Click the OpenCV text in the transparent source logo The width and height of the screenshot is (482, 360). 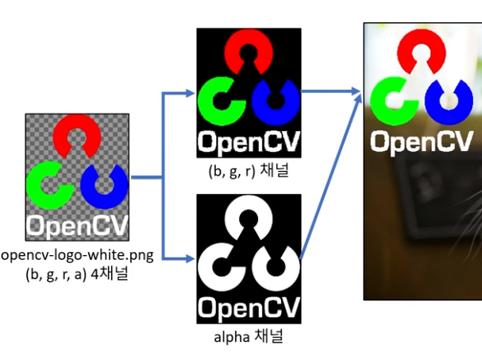click(x=76, y=225)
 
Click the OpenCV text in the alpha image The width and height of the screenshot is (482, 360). click(x=249, y=307)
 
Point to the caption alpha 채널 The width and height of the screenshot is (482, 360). click(x=249, y=336)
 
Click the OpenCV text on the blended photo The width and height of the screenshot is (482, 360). click(x=422, y=141)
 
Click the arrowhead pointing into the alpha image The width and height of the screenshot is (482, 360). click(x=191, y=257)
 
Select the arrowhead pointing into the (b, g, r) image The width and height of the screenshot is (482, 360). click(x=191, y=94)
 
